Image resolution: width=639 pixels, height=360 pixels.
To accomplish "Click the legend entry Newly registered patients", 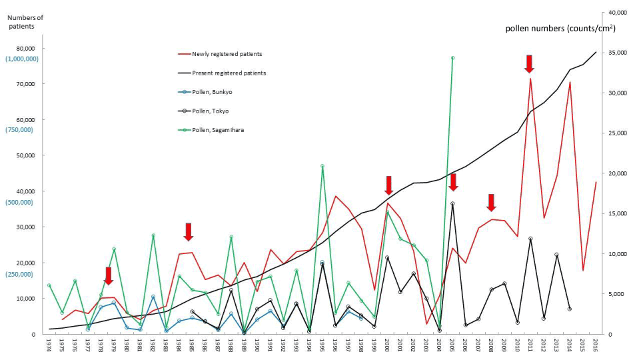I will pyautogui.click(x=227, y=54).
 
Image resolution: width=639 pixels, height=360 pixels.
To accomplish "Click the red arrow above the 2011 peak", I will pyautogui.click(x=529, y=64).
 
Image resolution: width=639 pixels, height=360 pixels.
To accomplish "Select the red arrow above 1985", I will pyautogui.click(x=189, y=232).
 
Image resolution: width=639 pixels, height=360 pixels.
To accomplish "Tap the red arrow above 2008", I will pyautogui.click(x=491, y=203).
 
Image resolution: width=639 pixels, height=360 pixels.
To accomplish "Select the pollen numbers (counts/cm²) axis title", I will pyautogui.click(x=560, y=28).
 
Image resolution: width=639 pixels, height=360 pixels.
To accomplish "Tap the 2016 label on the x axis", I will pyautogui.click(x=595, y=345).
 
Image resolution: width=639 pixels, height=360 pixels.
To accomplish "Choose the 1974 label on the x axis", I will pyautogui.click(x=49, y=345).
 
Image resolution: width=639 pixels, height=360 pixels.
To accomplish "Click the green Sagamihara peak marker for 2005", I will pyautogui.click(x=452, y=58).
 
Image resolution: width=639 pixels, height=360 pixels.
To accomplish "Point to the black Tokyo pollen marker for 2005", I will pyautogui.click(x=452, y=203).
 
